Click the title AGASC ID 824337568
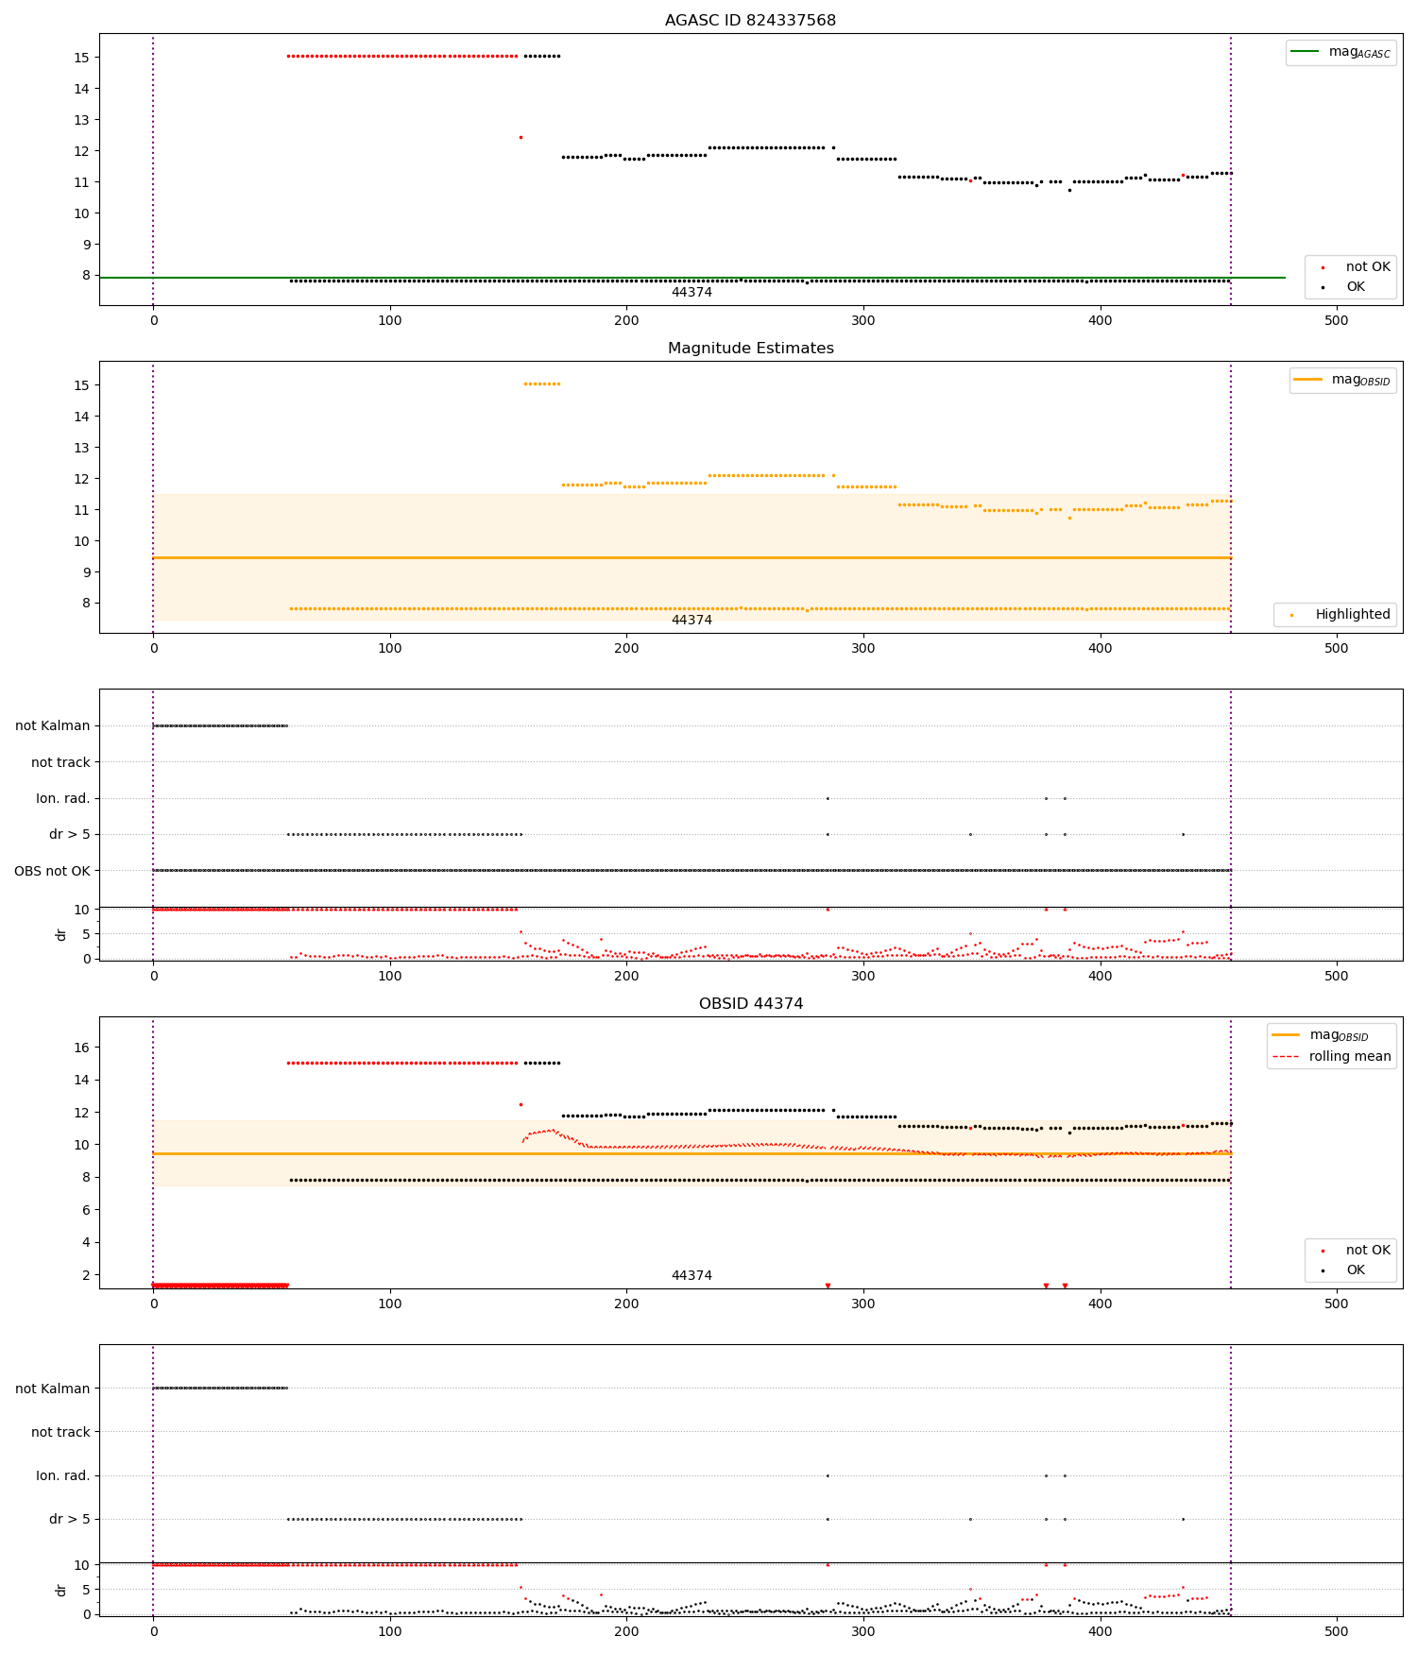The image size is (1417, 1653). pos(750,21)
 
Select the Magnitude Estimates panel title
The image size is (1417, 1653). pos(750,349)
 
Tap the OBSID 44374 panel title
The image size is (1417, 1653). pos(750,1004)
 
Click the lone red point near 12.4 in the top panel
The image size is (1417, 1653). pos(521,138)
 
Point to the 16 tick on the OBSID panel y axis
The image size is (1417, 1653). pos(81,1048)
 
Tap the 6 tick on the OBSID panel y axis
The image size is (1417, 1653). pos(85,1210)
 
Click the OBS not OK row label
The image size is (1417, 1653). pos(52,871)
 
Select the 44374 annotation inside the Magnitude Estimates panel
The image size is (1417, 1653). pos(691,621)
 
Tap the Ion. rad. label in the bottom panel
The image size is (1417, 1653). pos(62,1475)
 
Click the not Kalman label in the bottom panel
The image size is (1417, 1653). pos(52,1389)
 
